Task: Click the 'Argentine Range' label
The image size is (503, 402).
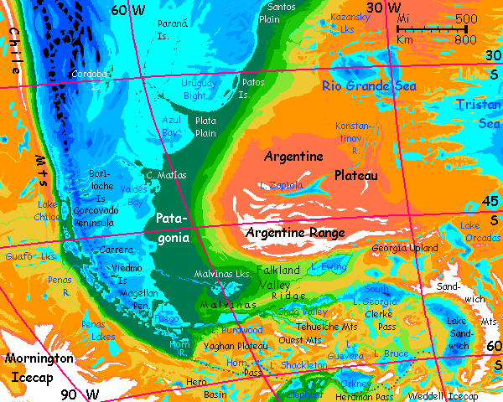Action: pos(294,232)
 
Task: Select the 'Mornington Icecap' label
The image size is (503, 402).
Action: pos(39,365)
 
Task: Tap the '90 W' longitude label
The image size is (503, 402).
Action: pos(80,394)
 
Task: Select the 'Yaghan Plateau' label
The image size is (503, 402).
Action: pos(233,345)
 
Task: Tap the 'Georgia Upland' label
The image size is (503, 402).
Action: pos(406,249)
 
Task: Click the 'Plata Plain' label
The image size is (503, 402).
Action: pos(205,126)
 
